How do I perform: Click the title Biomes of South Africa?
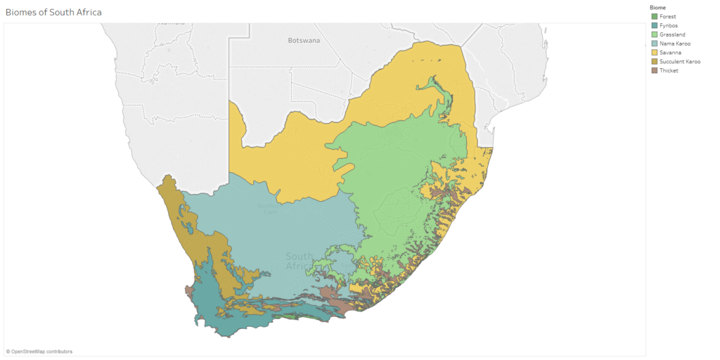point(53,12)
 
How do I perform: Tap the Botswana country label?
point(304,41)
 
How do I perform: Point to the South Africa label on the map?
point(300,261)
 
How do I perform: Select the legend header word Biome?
point(658,7)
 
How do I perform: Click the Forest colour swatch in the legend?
point(655,16)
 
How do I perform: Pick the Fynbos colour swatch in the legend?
point(655,25)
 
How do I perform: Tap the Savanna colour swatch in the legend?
point(655,53)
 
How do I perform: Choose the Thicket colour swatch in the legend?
point(655,70)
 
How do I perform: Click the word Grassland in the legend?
point(672,34)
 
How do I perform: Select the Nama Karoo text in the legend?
point(674,44)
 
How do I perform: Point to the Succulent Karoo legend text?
point(680,62)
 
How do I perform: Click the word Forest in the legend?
point(668,16)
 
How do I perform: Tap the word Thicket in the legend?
point(669,70)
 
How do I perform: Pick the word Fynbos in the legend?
point(669,25)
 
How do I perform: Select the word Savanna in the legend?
point(670,53)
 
